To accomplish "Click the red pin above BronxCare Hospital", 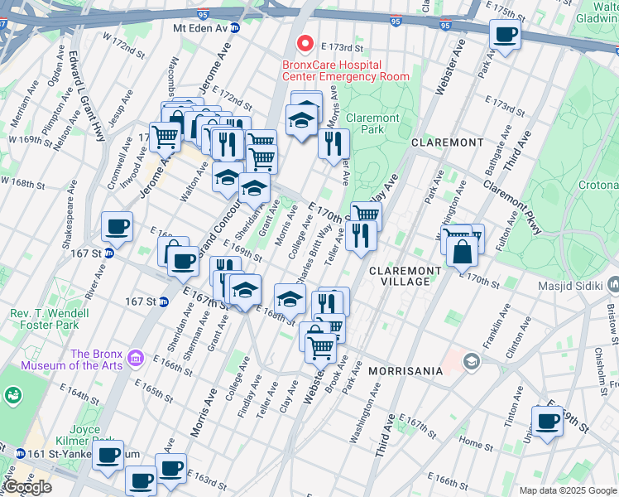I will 305,43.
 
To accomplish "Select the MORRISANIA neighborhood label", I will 405,371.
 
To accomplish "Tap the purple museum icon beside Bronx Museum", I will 137,359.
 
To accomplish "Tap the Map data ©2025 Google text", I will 567,490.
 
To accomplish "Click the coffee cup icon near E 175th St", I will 505,35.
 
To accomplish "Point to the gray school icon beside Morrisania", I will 470,360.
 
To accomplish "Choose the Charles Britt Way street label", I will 320,245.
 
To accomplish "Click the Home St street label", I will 475,442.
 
